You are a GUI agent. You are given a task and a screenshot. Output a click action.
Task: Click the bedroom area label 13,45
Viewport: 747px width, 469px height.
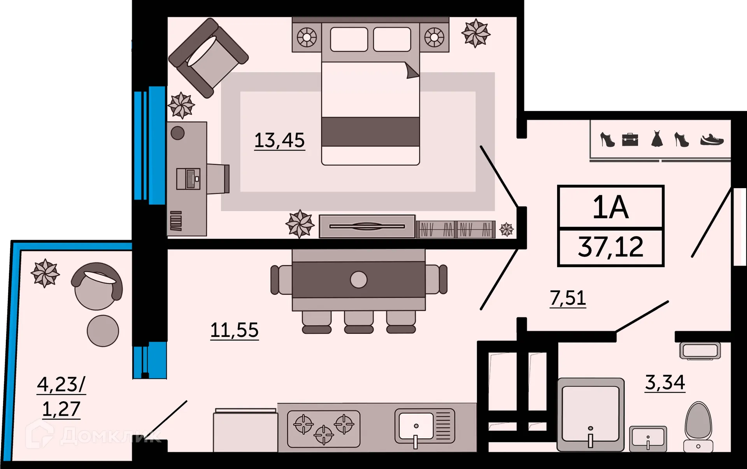(x=279, y=140)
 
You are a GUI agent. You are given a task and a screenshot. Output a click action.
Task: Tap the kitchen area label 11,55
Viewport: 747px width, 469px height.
(x=234, y=330)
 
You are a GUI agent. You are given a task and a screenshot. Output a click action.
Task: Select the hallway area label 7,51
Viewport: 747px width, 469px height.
(x=568, y=298)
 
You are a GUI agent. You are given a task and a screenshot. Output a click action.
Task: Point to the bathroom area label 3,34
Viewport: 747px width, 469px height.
(x=665, y=382)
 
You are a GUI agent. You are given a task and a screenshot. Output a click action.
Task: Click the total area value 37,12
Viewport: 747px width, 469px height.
(x=610, y=247)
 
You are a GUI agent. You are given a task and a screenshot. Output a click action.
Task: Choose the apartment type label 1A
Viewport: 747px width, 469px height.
(x=610, y=207)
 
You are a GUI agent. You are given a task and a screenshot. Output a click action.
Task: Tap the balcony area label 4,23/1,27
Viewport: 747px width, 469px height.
(x=61, y=397)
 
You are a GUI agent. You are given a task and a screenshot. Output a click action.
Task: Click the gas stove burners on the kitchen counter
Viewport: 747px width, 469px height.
(x=324, y=428)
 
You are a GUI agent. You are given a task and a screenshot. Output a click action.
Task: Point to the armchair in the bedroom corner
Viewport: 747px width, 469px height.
(x=208, y=58)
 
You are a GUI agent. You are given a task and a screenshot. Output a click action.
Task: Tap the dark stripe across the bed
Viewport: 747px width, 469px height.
(x=370, y=132)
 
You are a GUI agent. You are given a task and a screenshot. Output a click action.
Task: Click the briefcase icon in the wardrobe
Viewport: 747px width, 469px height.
(x=630, y=139)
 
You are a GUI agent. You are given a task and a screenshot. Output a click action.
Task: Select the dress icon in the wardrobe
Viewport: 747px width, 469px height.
(x=657, y=139)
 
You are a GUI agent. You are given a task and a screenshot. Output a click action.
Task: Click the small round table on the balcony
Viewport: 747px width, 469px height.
(x=103, y=331)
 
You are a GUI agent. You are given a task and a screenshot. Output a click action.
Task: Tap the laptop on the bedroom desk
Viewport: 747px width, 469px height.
(x=188, y=179)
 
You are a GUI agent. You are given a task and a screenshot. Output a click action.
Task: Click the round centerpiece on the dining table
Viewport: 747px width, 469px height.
(x=358, y=280)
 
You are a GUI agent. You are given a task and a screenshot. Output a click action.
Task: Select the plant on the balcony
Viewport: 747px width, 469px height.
(x=45, y=273)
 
